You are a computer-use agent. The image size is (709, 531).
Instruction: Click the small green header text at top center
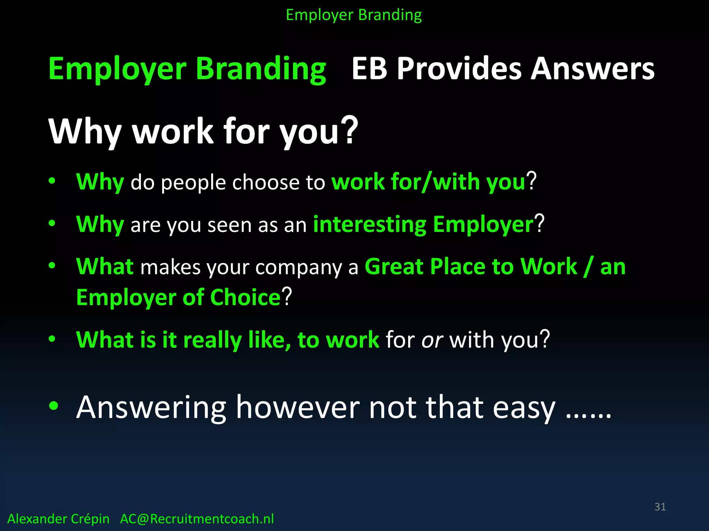[x=354, y=15]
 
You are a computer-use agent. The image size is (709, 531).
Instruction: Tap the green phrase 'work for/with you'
[x=429, y=182]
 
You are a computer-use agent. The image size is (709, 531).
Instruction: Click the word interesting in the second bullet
[x=369, y=225]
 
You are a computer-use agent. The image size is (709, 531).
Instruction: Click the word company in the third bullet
[x=298, y=268]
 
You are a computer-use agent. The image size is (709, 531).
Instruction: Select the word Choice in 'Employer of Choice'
[x=245, y=297]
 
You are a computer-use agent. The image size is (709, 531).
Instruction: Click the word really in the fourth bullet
[x=212, y=340]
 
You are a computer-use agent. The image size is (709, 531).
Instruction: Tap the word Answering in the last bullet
[x=151, y=408]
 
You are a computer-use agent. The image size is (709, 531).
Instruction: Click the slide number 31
[x=660, y=507]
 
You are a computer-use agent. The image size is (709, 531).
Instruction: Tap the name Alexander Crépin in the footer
[x=58, y=519]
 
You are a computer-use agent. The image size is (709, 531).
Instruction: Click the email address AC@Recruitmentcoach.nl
[x=197, y=519]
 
